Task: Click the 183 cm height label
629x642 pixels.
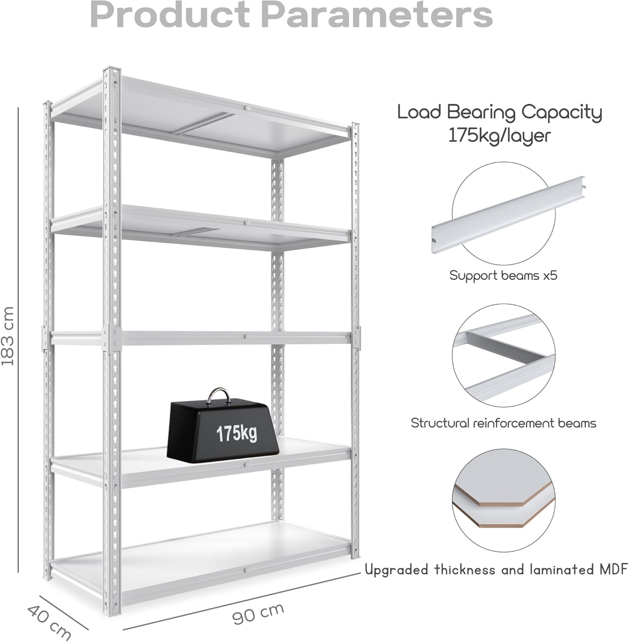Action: click(8, 336)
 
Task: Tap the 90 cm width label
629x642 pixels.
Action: click(258, 613)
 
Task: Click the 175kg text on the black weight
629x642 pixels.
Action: click(236, 434)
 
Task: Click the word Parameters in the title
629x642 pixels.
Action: click(377, 15)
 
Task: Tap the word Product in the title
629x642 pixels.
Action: click(169, 15)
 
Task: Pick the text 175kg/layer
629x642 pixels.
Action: click(499, 135)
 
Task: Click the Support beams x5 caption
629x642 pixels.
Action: click(503, 275)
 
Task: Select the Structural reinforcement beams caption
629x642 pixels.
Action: click(503, 423)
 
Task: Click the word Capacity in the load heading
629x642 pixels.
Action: click(561, 113)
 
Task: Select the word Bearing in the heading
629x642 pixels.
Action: click(481, 113)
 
